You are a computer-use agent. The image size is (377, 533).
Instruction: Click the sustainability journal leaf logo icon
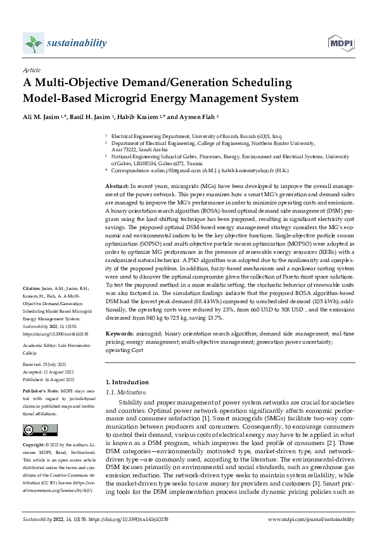pos(32,43)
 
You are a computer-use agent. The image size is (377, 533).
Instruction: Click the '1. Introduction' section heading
pos(126,382)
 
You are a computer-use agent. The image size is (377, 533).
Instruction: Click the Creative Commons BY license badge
pos(36,430)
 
